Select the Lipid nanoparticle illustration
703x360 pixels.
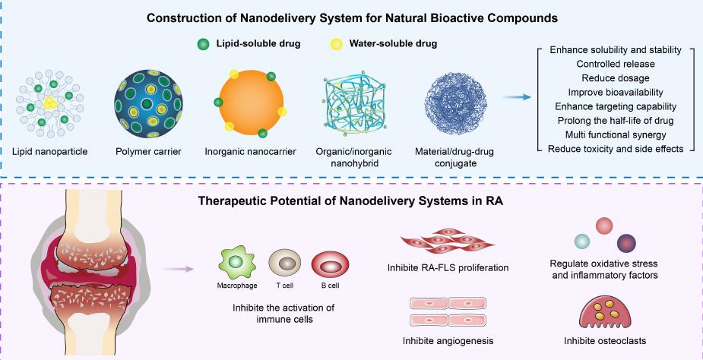[x=50, y=104]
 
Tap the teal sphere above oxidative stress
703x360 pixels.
[x=583, y=241]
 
